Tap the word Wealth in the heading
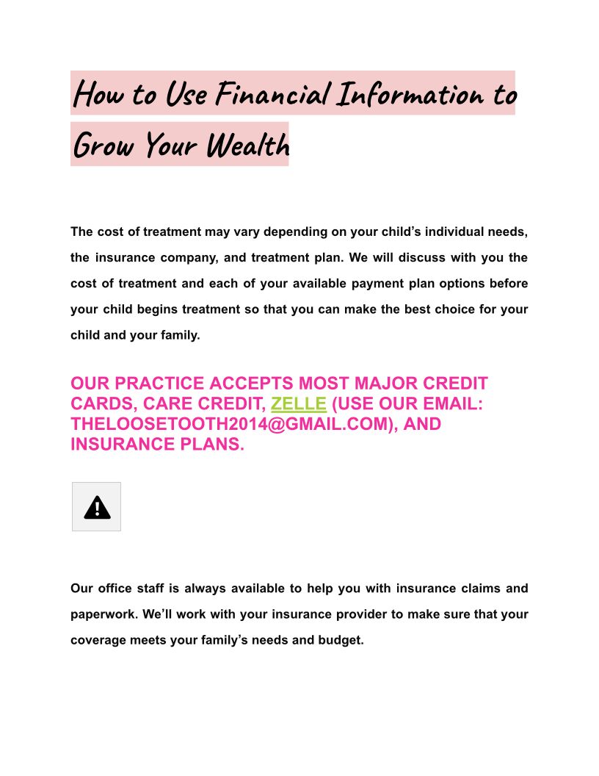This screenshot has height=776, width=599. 247,145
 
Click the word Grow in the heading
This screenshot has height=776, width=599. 104,145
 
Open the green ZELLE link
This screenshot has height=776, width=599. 298,403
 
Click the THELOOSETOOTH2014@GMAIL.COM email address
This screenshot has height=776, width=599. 230,424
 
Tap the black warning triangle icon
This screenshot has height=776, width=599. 97,507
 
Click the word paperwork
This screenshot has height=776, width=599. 103,614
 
